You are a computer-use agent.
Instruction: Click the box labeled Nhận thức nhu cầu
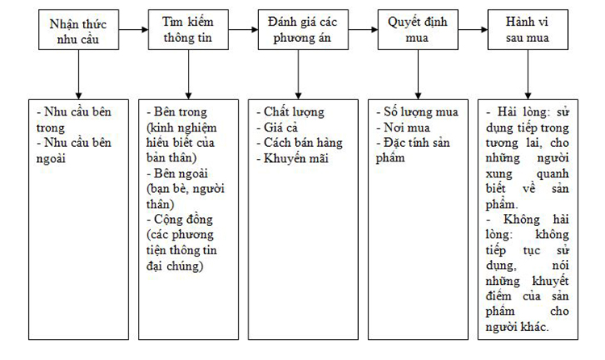point(78,30)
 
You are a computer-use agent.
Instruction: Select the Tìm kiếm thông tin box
point(188,30)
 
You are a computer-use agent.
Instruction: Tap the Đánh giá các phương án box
point(303,30)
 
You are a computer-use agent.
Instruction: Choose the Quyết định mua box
point(418,30)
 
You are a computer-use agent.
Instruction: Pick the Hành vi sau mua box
point(528,30)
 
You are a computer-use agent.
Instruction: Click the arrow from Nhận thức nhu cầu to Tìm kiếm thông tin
point(133,30)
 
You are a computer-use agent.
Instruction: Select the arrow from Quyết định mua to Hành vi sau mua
point(473,30)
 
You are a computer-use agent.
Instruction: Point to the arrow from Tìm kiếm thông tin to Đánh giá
point(244,30)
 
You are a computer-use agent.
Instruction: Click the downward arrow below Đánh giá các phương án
point(298,74)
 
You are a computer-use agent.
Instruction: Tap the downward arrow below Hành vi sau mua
point(528,74)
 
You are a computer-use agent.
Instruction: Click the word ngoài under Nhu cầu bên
point(51,159)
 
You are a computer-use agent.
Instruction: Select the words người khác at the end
point(517,327)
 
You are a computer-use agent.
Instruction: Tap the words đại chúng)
point(175,266)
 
